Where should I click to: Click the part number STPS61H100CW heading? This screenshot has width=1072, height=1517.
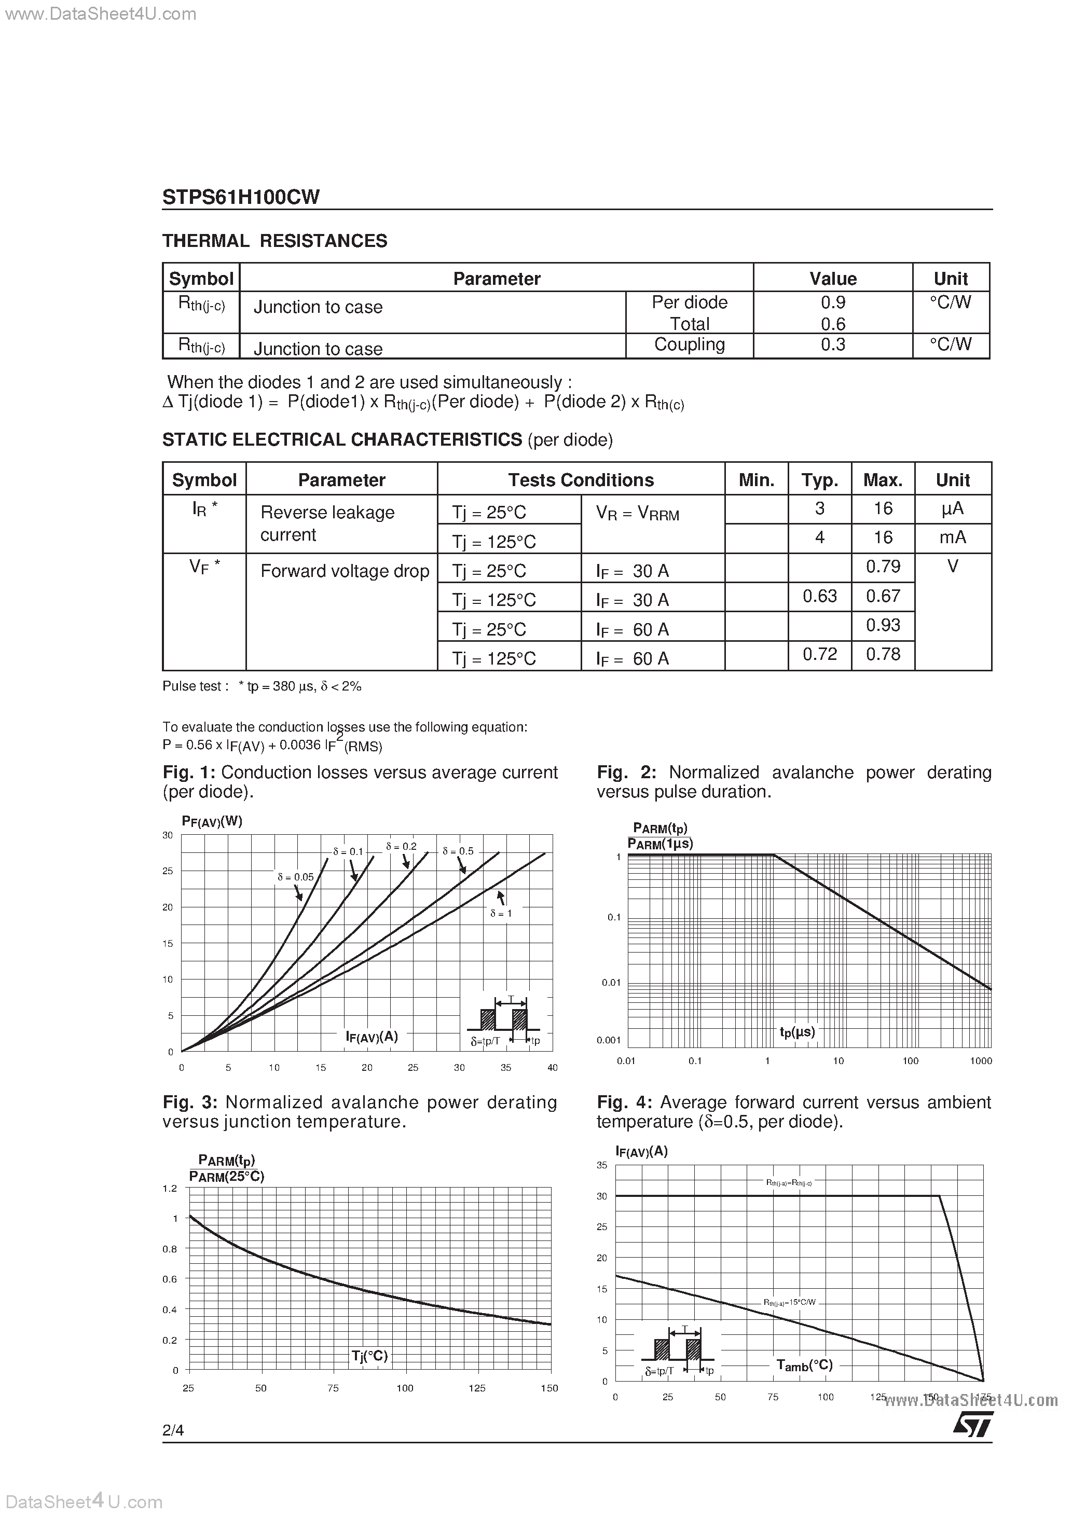(x=241, y=197)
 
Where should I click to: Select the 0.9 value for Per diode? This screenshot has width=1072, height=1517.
(x=833, y=302)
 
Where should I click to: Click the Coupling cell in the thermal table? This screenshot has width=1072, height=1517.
(x=690, y=345)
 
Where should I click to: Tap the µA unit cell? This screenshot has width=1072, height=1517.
(x=952, y=509)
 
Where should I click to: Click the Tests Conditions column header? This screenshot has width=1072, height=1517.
(x=581, y=480)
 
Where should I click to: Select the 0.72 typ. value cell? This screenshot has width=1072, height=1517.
(x=819, y=654)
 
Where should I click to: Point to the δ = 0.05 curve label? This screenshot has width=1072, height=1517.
(x=295, y=877)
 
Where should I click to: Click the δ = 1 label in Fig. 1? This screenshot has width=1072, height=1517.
(x=501, y=913)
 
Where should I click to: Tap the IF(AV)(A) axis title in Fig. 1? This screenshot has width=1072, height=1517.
(x=372, y=1036)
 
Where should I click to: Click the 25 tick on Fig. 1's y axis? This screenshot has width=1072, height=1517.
(x=168, y=871)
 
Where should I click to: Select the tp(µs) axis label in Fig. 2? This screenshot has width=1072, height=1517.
(x=797, y=1031)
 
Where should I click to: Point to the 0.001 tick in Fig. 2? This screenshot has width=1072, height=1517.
(x=609, y=1040)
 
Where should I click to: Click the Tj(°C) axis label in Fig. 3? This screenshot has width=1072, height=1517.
(x=369, y=1356)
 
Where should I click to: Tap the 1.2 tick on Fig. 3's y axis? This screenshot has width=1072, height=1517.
(x=170, y=1189)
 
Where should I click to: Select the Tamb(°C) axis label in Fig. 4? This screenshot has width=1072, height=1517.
(x=804, y=1365)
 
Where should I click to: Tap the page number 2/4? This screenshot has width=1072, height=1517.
(x=173, y=1430)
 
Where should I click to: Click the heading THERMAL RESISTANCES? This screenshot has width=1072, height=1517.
(x=275, y=241)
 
